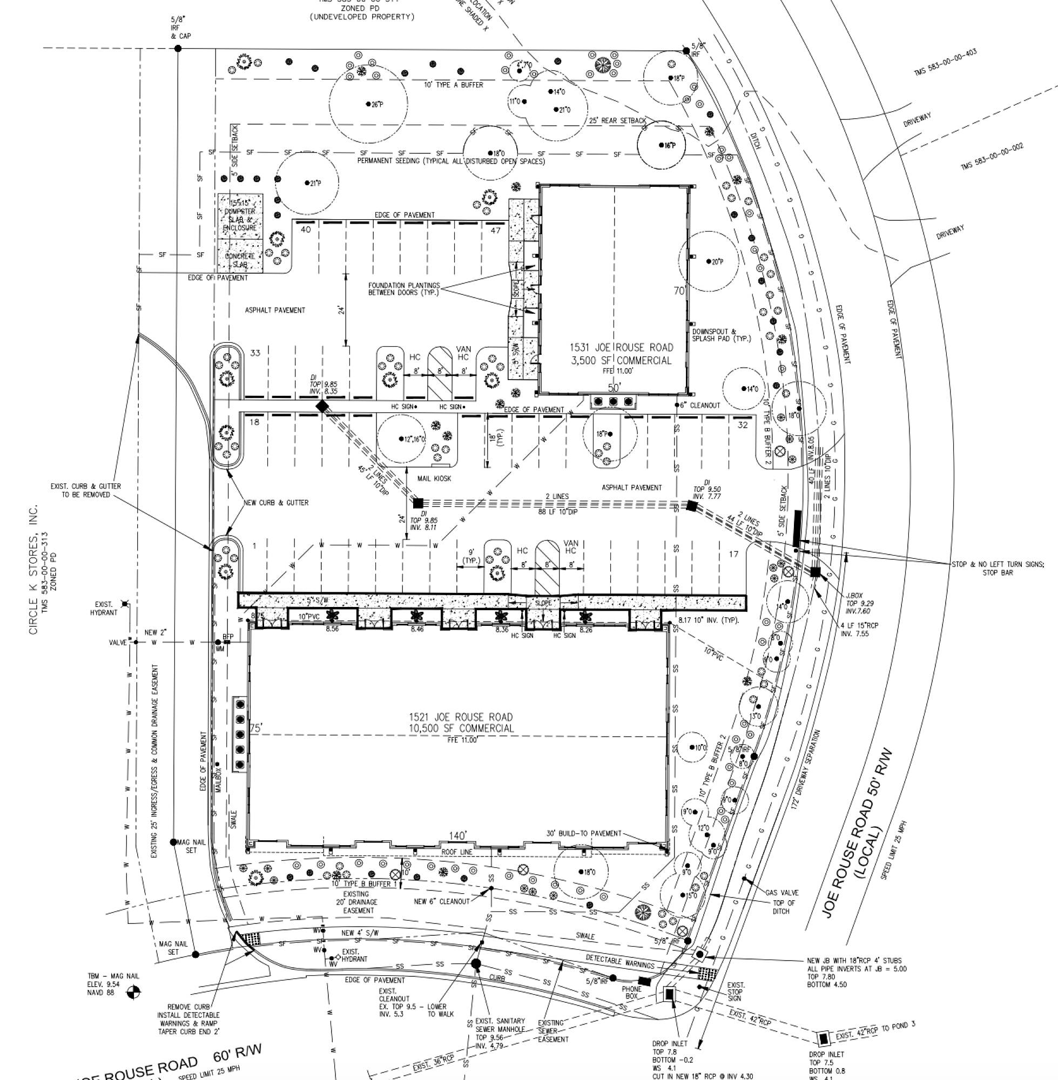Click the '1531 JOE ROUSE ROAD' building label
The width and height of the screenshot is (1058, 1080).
[x=621, y=348]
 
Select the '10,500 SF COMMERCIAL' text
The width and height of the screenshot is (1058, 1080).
[x=461, y=728]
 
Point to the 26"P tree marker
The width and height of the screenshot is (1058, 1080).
[x=368, y=104]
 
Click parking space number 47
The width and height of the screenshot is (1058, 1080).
[x=495, y=230]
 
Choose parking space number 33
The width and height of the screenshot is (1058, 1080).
[x=255, y=353]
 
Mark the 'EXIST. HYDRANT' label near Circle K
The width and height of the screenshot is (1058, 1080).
[x=104, y=609]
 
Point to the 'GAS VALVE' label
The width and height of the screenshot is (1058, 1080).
[x=782, y=893]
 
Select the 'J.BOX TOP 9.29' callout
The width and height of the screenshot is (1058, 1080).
[x=854, y=603]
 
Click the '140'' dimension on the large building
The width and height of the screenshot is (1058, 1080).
[x=458, y=836]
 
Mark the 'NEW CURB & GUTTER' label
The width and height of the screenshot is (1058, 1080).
[x=275, y=503]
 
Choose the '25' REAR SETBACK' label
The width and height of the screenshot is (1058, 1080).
[x=617, y=120]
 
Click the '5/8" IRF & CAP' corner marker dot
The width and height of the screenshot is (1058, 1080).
[x=178, y=49]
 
